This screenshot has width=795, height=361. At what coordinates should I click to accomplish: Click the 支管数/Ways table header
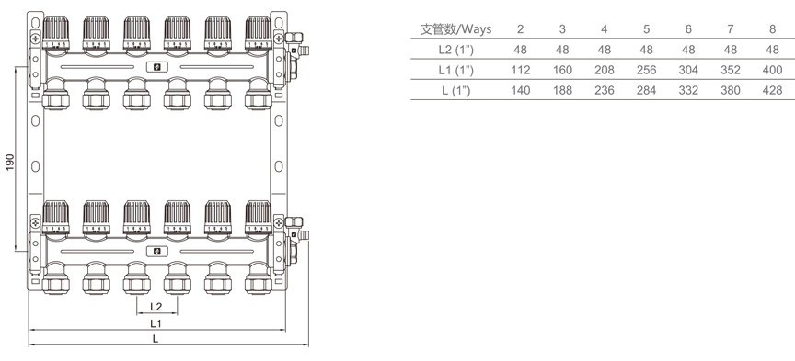coord(455,28)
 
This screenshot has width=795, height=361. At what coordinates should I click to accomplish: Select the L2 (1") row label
coord(455,50)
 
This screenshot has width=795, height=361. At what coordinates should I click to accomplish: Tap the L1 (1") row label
coord(455,70)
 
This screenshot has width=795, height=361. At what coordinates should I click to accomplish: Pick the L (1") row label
coord(455,90)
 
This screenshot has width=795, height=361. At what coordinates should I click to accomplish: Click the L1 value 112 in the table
coord(520,70)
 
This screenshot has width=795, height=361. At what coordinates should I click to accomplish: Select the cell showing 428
coord(772,90)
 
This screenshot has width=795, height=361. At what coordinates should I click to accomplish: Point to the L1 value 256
coord(646,70)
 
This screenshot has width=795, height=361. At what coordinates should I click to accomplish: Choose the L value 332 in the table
coord(688,90)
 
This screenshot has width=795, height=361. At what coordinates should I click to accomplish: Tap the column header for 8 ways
coord(772,28)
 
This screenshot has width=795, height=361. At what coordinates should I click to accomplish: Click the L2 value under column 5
coord(646,50)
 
